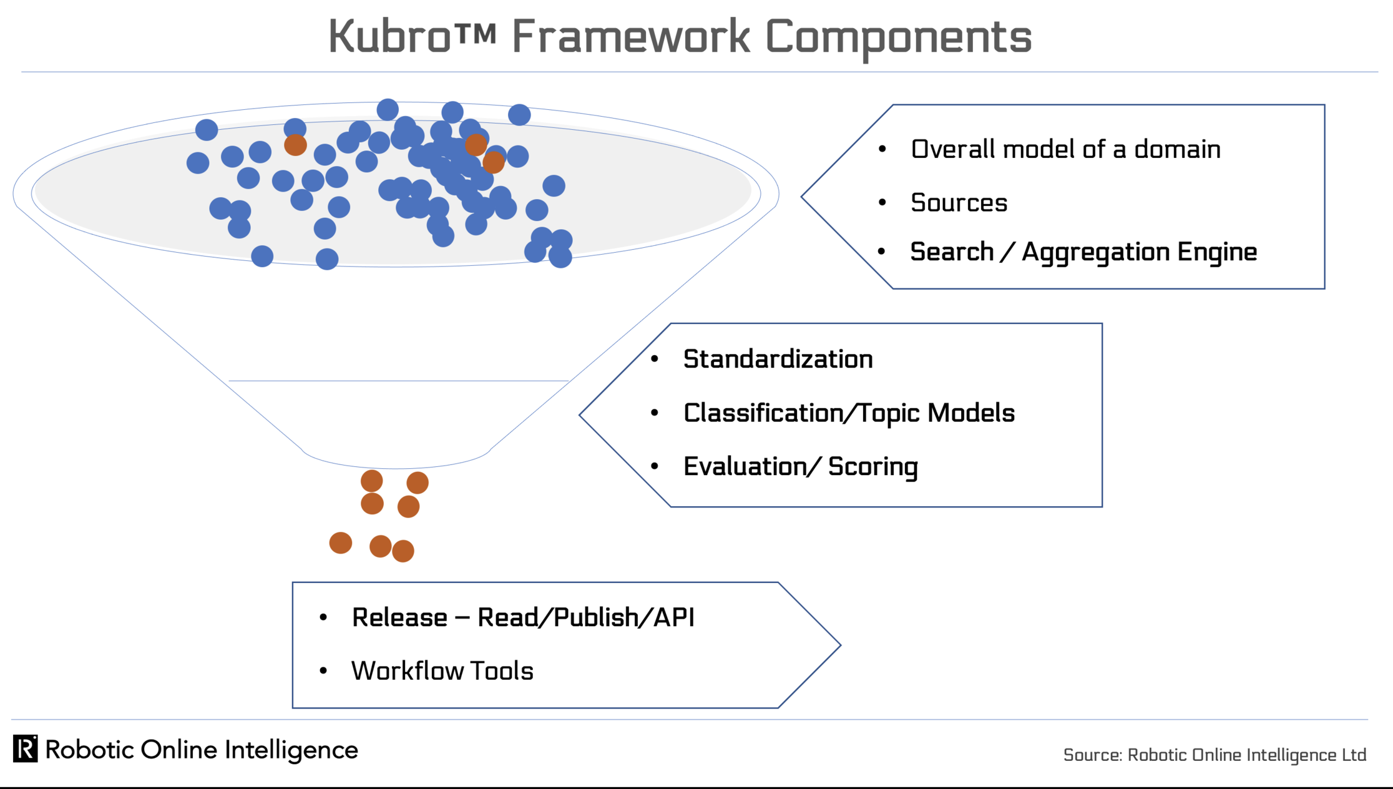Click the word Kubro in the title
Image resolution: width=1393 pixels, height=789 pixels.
[389, 37]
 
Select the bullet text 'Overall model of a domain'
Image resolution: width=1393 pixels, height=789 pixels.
[1065, 150]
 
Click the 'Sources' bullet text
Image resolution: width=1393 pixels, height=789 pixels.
[959, 203]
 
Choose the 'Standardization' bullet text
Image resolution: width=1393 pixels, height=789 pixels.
[778, 359]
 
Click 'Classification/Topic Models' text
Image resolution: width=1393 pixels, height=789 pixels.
[849, 413]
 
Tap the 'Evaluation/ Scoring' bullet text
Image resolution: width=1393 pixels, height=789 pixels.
[801, 467]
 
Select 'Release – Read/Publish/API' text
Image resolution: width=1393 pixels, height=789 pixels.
[523, 617]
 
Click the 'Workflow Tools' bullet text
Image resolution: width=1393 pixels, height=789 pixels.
[442, 671]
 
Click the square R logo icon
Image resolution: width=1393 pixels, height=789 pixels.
[25, 748]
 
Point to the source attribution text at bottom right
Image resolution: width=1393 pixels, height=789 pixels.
[1215, 755]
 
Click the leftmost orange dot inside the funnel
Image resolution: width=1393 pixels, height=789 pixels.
[295, 145]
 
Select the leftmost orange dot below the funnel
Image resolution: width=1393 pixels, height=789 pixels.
[341, 543]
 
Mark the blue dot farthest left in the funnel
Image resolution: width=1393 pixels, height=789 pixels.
[198, 163]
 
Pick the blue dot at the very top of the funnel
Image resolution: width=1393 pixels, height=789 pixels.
[388, 110]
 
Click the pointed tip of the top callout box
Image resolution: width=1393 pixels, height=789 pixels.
[801, 197]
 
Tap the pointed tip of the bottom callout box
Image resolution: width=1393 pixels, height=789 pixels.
[841, 645]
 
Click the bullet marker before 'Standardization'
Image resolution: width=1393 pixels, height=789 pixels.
[655, 359]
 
